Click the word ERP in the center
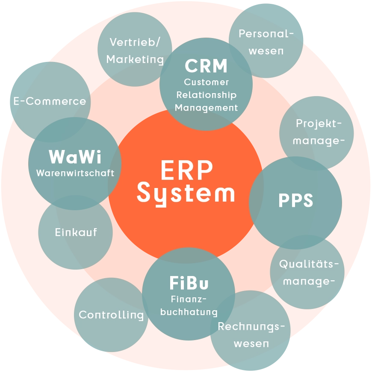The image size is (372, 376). point(186,170)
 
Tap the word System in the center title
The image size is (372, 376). point(186,193)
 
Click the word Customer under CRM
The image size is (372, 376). point(206,82)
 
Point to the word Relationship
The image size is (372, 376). point(206,95)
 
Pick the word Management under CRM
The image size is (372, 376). point(206,108)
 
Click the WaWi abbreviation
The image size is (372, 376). point(75,157)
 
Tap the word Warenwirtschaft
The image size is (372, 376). point(75,173)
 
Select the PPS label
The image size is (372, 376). point(295,201)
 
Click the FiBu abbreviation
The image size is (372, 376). point(189,282)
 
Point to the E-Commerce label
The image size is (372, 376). point(50,101)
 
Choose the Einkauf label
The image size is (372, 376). point(76,232)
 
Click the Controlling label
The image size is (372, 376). point(111,315)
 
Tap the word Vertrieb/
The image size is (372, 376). point(135,42)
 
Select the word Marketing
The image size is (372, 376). point(135,59)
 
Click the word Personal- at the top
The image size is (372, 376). point(266,34)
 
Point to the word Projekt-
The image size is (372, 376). point(319,123)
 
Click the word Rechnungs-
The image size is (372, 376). point(251,327)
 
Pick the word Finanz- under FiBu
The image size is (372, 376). point(189,299)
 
